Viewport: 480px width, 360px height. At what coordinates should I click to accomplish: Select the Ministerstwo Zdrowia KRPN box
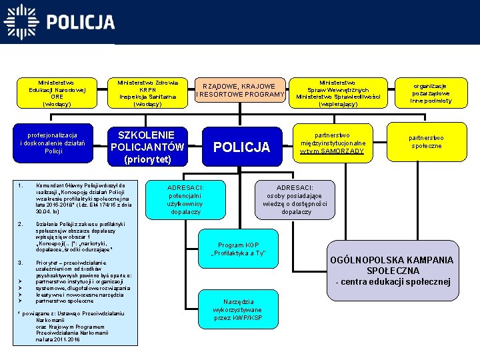point(147,93)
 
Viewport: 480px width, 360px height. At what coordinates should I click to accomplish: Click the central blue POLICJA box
point(241,147)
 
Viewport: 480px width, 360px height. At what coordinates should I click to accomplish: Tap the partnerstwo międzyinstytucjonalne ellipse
point(333,143)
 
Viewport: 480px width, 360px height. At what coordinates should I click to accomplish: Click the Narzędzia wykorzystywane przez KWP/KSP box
point(238,309)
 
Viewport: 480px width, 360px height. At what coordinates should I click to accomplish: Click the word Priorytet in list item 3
point(48,263)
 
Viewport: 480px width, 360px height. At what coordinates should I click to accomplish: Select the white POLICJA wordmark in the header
point(81,23)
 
